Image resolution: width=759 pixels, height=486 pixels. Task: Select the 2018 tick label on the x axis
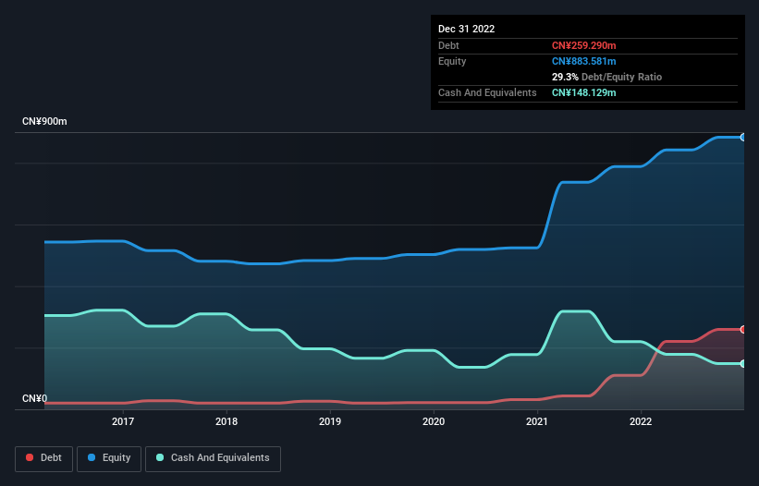(226, 422)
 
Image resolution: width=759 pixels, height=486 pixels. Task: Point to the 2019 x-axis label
(330, 422)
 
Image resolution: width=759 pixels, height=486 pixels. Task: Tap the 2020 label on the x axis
(434, 422)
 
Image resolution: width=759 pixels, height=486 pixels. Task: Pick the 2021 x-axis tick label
(537, 422)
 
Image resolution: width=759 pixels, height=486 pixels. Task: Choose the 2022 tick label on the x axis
(641, 422)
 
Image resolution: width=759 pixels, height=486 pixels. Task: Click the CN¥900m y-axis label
(44, 122)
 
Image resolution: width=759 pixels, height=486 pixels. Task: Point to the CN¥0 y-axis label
(34, 399)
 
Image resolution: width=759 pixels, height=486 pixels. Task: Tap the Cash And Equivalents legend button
(213, 458)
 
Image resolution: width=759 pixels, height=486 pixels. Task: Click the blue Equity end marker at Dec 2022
(743, 137)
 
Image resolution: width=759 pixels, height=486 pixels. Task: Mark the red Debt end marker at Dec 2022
(743, 329)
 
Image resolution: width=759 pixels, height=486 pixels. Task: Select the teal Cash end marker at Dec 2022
(743, 363)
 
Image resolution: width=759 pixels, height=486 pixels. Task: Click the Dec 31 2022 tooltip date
(467, 29)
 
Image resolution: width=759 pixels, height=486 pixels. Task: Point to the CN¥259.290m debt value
(583, 45)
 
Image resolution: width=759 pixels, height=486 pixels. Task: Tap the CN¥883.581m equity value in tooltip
(583, 61)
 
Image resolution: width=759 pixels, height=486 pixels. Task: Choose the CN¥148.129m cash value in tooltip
(583, 92)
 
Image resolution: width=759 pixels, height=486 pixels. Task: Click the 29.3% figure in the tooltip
(565, 77)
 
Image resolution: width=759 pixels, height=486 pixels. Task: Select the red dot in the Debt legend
(30, 458)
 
